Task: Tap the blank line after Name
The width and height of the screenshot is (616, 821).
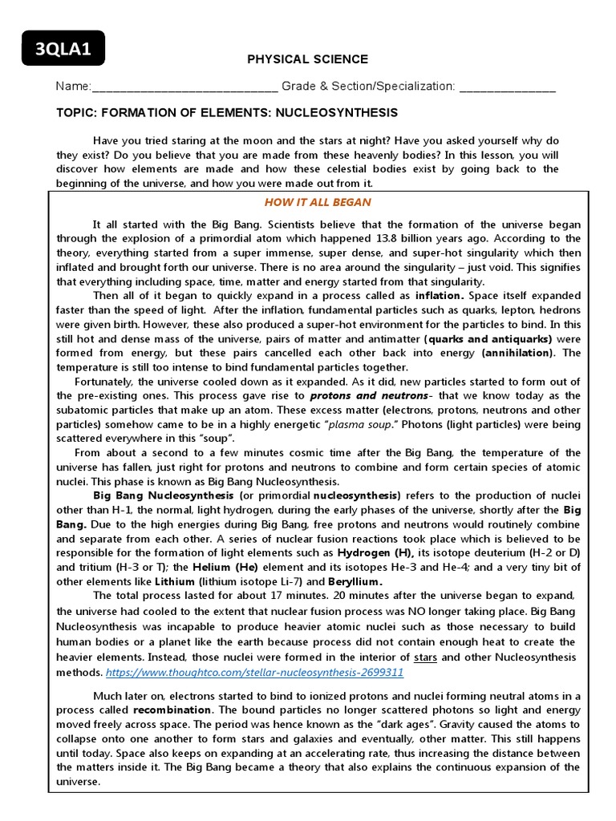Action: [185, 87]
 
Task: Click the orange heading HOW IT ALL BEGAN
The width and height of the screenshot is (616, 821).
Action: [318, 202]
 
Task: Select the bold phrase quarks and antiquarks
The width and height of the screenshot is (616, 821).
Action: [490, 339]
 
